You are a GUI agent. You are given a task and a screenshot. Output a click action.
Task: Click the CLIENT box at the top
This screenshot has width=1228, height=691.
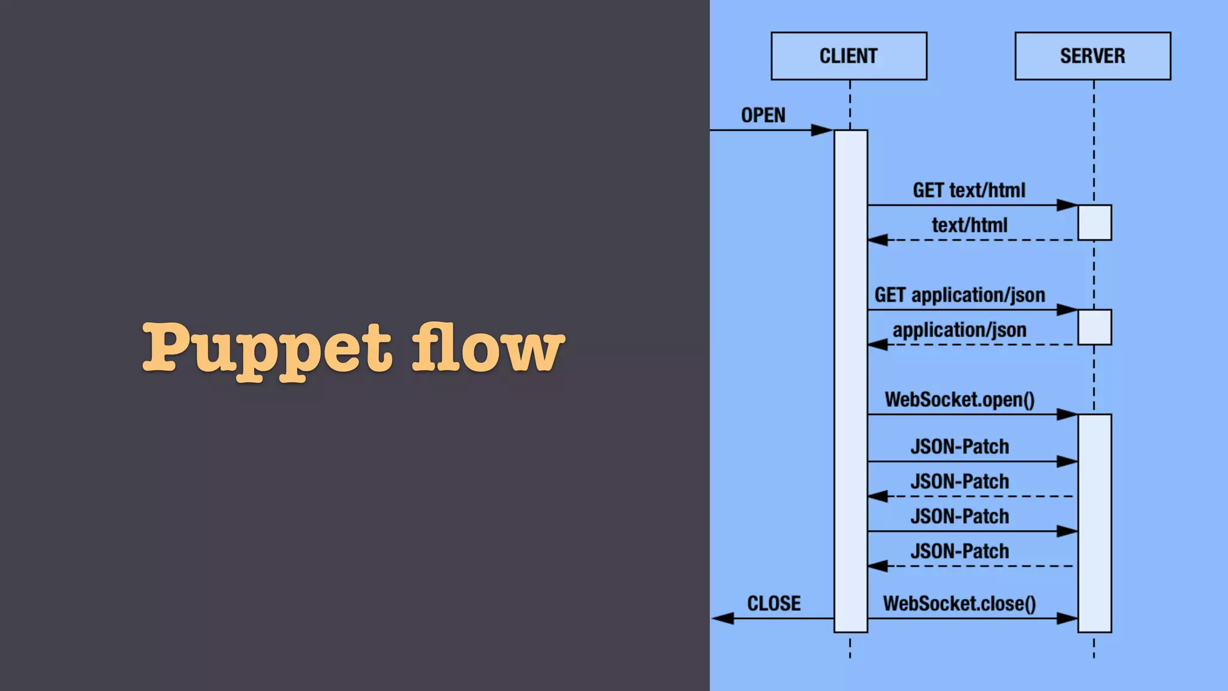[848, 56]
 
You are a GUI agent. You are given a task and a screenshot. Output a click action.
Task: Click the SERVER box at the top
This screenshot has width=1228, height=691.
[1092, 56]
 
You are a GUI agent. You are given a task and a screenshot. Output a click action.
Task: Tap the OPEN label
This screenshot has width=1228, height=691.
[763, 115]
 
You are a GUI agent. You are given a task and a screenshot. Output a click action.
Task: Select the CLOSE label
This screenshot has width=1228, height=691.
[773, 603]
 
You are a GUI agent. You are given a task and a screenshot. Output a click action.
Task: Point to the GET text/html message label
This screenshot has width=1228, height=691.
[968, 191]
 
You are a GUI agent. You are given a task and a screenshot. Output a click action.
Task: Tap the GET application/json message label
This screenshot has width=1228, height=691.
[959, 295]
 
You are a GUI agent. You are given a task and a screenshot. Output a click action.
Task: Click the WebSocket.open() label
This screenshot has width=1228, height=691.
[959, 399]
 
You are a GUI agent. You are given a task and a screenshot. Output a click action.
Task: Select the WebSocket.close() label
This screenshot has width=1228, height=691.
[959, 603]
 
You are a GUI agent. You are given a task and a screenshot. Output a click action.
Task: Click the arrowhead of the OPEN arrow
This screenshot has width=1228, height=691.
[821, 130]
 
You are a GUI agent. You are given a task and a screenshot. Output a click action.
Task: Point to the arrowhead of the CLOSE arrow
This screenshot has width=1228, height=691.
[723, 618]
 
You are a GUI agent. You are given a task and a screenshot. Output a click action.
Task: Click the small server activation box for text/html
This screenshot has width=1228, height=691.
[1094, 223]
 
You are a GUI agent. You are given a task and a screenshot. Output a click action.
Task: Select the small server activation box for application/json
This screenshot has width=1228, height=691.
[1094, 327]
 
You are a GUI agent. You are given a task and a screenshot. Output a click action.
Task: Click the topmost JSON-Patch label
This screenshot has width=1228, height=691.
[959, 447]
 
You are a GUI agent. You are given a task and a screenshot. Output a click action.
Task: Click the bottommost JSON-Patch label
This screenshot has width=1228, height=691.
[959, 551]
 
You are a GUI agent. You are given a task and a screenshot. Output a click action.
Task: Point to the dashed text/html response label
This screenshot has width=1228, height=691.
[969, 226]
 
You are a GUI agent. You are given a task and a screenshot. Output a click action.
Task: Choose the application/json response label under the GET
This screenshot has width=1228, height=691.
[959, 330]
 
